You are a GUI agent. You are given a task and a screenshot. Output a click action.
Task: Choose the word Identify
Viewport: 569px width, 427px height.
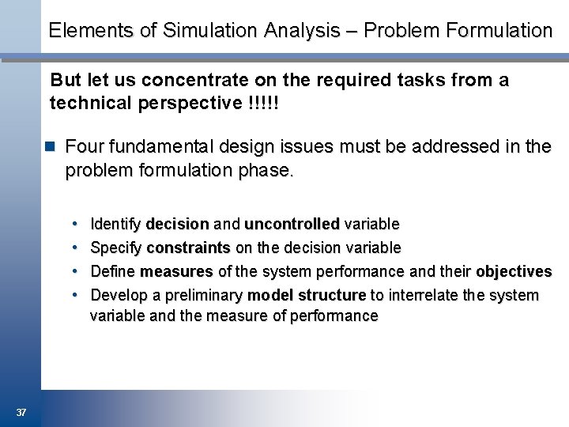click(116, 225)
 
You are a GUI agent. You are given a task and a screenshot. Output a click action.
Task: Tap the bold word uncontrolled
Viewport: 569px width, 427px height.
click(292, 225)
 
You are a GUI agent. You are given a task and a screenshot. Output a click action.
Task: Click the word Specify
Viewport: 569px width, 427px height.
click(116, 248)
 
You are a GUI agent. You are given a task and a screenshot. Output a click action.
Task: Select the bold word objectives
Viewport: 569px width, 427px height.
click(514, 272)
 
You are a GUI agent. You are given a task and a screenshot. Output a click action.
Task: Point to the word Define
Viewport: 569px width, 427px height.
click(113, 272)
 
